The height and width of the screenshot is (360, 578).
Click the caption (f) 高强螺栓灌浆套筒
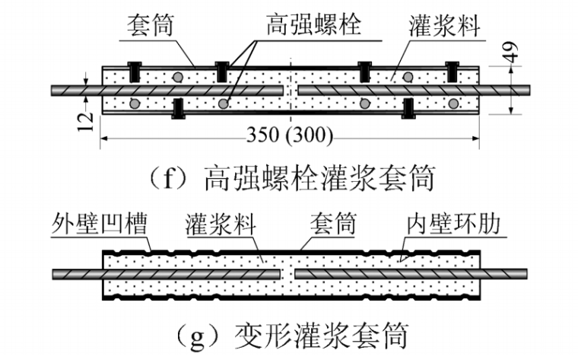click(288, 180)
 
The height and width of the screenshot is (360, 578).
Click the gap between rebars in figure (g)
click(287, 272)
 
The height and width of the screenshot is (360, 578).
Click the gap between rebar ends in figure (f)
click(291, 90)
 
